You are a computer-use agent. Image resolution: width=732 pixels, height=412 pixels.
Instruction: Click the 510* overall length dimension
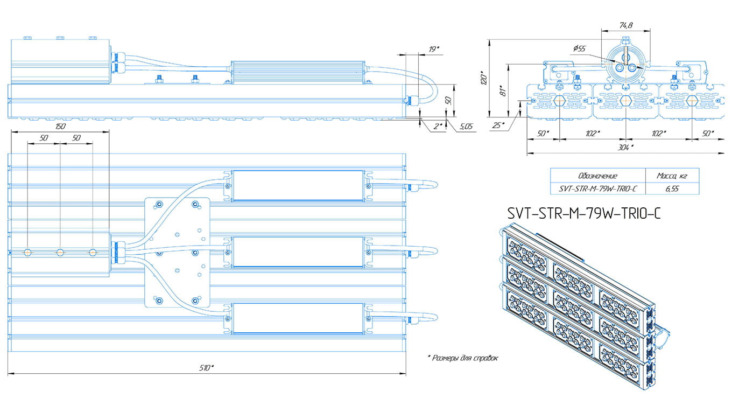coord(206,368)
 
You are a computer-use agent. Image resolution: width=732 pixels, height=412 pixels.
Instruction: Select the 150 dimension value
coord(60,126)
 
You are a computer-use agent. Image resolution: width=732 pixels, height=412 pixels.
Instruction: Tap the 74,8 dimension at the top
coord(626,25)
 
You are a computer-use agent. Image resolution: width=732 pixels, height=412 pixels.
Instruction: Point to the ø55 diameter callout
coord(579,48)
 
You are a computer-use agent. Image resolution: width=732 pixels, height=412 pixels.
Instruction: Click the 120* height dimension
coord(484,78)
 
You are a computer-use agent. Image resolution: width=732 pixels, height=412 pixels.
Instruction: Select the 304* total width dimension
coord(625,148)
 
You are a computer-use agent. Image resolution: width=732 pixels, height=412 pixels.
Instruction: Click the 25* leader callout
coord(498,125)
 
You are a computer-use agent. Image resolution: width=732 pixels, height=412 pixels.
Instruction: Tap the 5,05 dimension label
coord(466,126)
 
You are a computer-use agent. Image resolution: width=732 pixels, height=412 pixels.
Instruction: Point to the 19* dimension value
coord(434,49)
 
